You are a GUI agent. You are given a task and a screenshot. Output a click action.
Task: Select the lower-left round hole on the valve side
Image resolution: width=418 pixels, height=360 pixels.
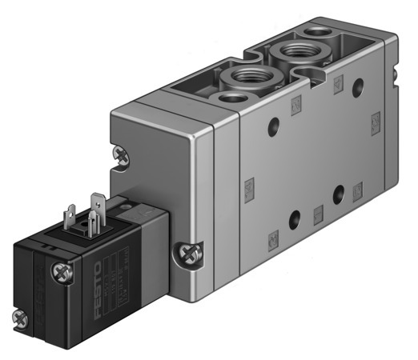pyautogui.click(x=295, y=218)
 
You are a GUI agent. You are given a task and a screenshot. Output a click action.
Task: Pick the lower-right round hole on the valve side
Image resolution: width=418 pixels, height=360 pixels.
pyautogui.click(x=340, y=192)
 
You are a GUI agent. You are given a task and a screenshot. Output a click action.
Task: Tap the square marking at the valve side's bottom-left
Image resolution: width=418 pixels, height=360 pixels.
pyautogui.click(x=272, y=238)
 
